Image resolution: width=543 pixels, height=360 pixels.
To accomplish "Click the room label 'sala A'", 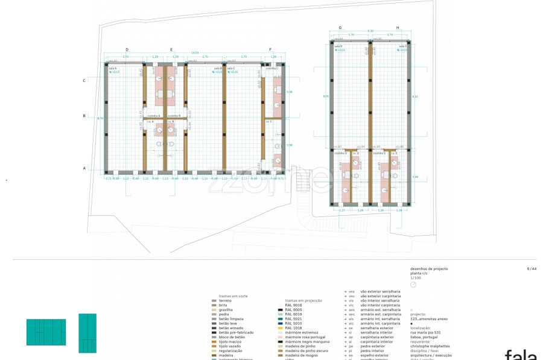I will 112,69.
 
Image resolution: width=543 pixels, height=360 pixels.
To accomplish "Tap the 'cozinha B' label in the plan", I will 174,115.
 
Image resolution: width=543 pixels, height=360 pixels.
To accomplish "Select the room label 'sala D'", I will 337,46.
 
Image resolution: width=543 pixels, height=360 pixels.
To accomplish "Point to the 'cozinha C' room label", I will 272,69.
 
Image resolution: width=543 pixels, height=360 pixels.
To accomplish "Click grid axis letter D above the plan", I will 127,49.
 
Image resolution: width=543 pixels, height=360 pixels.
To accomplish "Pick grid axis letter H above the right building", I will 398,28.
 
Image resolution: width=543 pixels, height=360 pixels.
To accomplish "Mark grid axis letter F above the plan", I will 270,49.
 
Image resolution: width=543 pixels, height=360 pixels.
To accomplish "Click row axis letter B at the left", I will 84,115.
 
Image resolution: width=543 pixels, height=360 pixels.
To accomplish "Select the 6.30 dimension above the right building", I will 371,31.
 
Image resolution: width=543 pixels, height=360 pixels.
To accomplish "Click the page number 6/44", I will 531,268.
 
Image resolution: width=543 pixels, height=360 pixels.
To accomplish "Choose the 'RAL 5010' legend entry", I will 293,323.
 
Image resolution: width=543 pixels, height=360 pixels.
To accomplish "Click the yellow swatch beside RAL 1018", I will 279,327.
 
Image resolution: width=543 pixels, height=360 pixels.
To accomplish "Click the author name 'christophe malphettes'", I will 430,346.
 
